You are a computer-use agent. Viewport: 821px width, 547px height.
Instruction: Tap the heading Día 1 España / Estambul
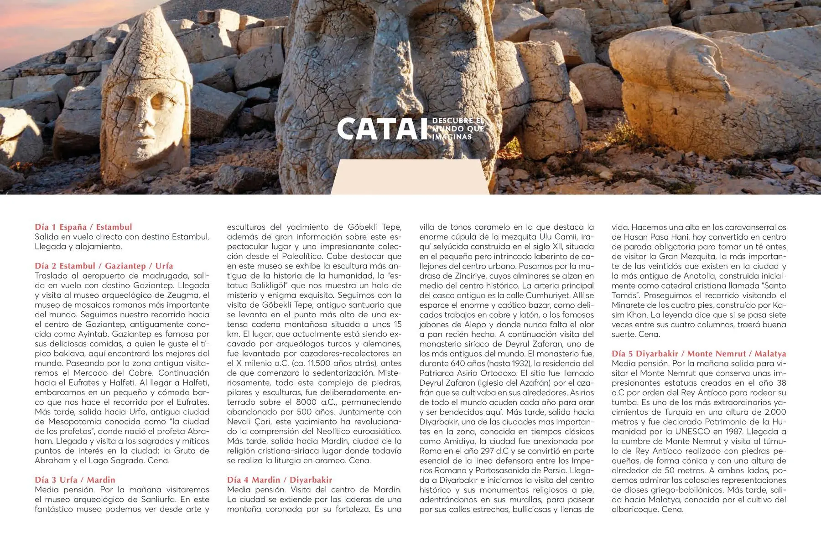pos(83,227)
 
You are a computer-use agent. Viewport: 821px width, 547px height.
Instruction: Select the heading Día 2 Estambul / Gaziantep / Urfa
pos(104,266)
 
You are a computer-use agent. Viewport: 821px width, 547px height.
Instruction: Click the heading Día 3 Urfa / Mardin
pos(75,480)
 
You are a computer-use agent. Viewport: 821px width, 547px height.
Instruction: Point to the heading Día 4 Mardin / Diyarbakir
pos(280,480)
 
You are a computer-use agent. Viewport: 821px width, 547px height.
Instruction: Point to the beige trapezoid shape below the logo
pos(410,178)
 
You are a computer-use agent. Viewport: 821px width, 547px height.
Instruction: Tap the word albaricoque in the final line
pos(634,509)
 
